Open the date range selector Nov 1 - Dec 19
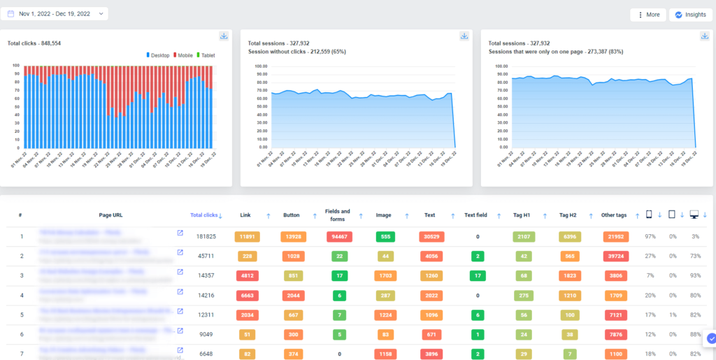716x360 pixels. (56, 13)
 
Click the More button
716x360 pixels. (647, 15)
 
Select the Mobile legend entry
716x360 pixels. (182, 55)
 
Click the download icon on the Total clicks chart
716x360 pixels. (224, 36)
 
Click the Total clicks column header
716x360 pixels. (204, 215)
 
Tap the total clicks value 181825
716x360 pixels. (206, 237)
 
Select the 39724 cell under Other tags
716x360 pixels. (615, 256)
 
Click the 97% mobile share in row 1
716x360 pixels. (650, 237)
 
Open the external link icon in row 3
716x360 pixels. (180, 272)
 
